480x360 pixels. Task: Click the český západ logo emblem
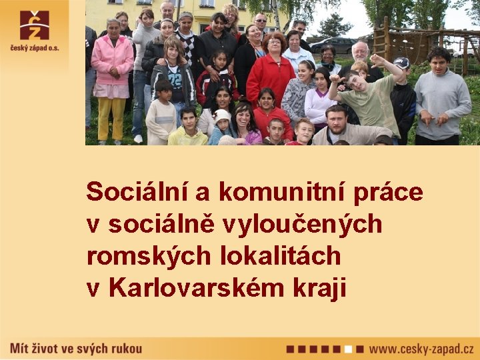[34, 25]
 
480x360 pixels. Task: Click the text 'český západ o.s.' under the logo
[34, 47]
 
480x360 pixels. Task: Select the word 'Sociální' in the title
[138, 192]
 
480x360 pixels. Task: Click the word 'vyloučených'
[312, 225]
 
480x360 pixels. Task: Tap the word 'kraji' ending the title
[319, 289]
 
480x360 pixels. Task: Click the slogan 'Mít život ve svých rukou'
[77, 347]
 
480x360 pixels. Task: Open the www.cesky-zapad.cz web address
[421, 348]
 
